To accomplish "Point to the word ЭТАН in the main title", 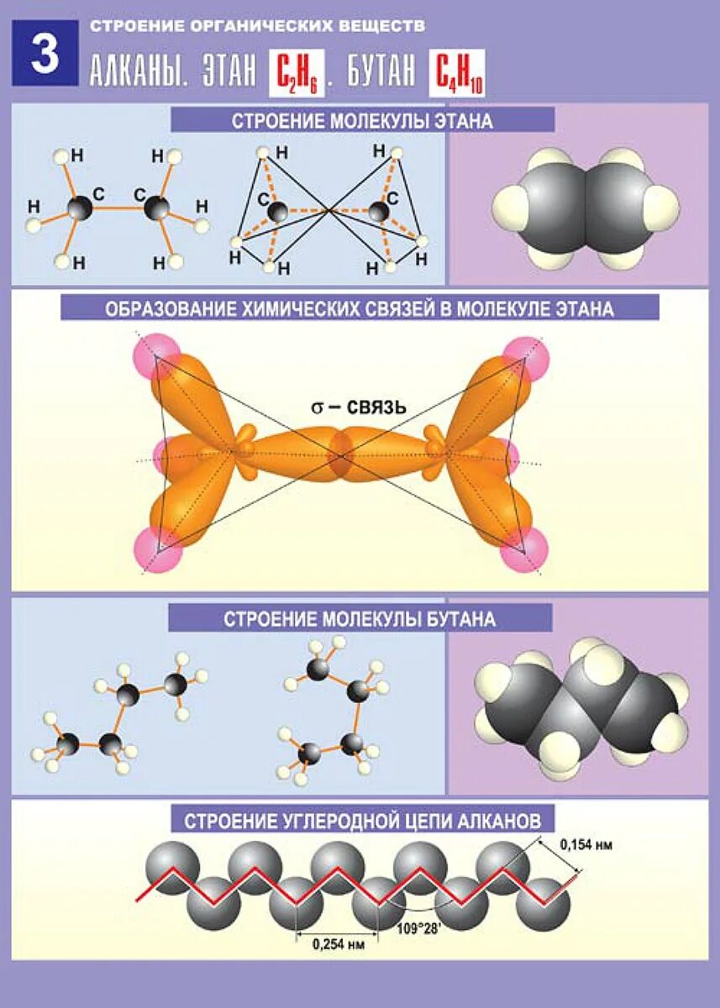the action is click(x=229, y=73).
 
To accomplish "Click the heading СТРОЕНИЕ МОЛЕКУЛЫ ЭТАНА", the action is click(x=362, y=121).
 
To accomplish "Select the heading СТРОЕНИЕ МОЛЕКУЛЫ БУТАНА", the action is click(x=360, y=620).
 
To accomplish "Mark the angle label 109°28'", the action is click(x=419, y=929).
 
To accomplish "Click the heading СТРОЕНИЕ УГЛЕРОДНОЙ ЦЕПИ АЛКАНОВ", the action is click(x=363, y=819).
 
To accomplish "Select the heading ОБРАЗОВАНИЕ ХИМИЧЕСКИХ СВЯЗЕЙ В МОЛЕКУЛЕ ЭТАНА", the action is click(x=360, y=308).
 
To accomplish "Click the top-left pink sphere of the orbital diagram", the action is click(x=155, y=356).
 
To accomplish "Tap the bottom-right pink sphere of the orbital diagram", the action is click(x=523, y=553).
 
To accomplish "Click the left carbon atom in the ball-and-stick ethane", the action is click(x=81, y=207).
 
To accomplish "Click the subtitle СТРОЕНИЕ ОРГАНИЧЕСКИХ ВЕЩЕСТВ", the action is click(x=257, y=26).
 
